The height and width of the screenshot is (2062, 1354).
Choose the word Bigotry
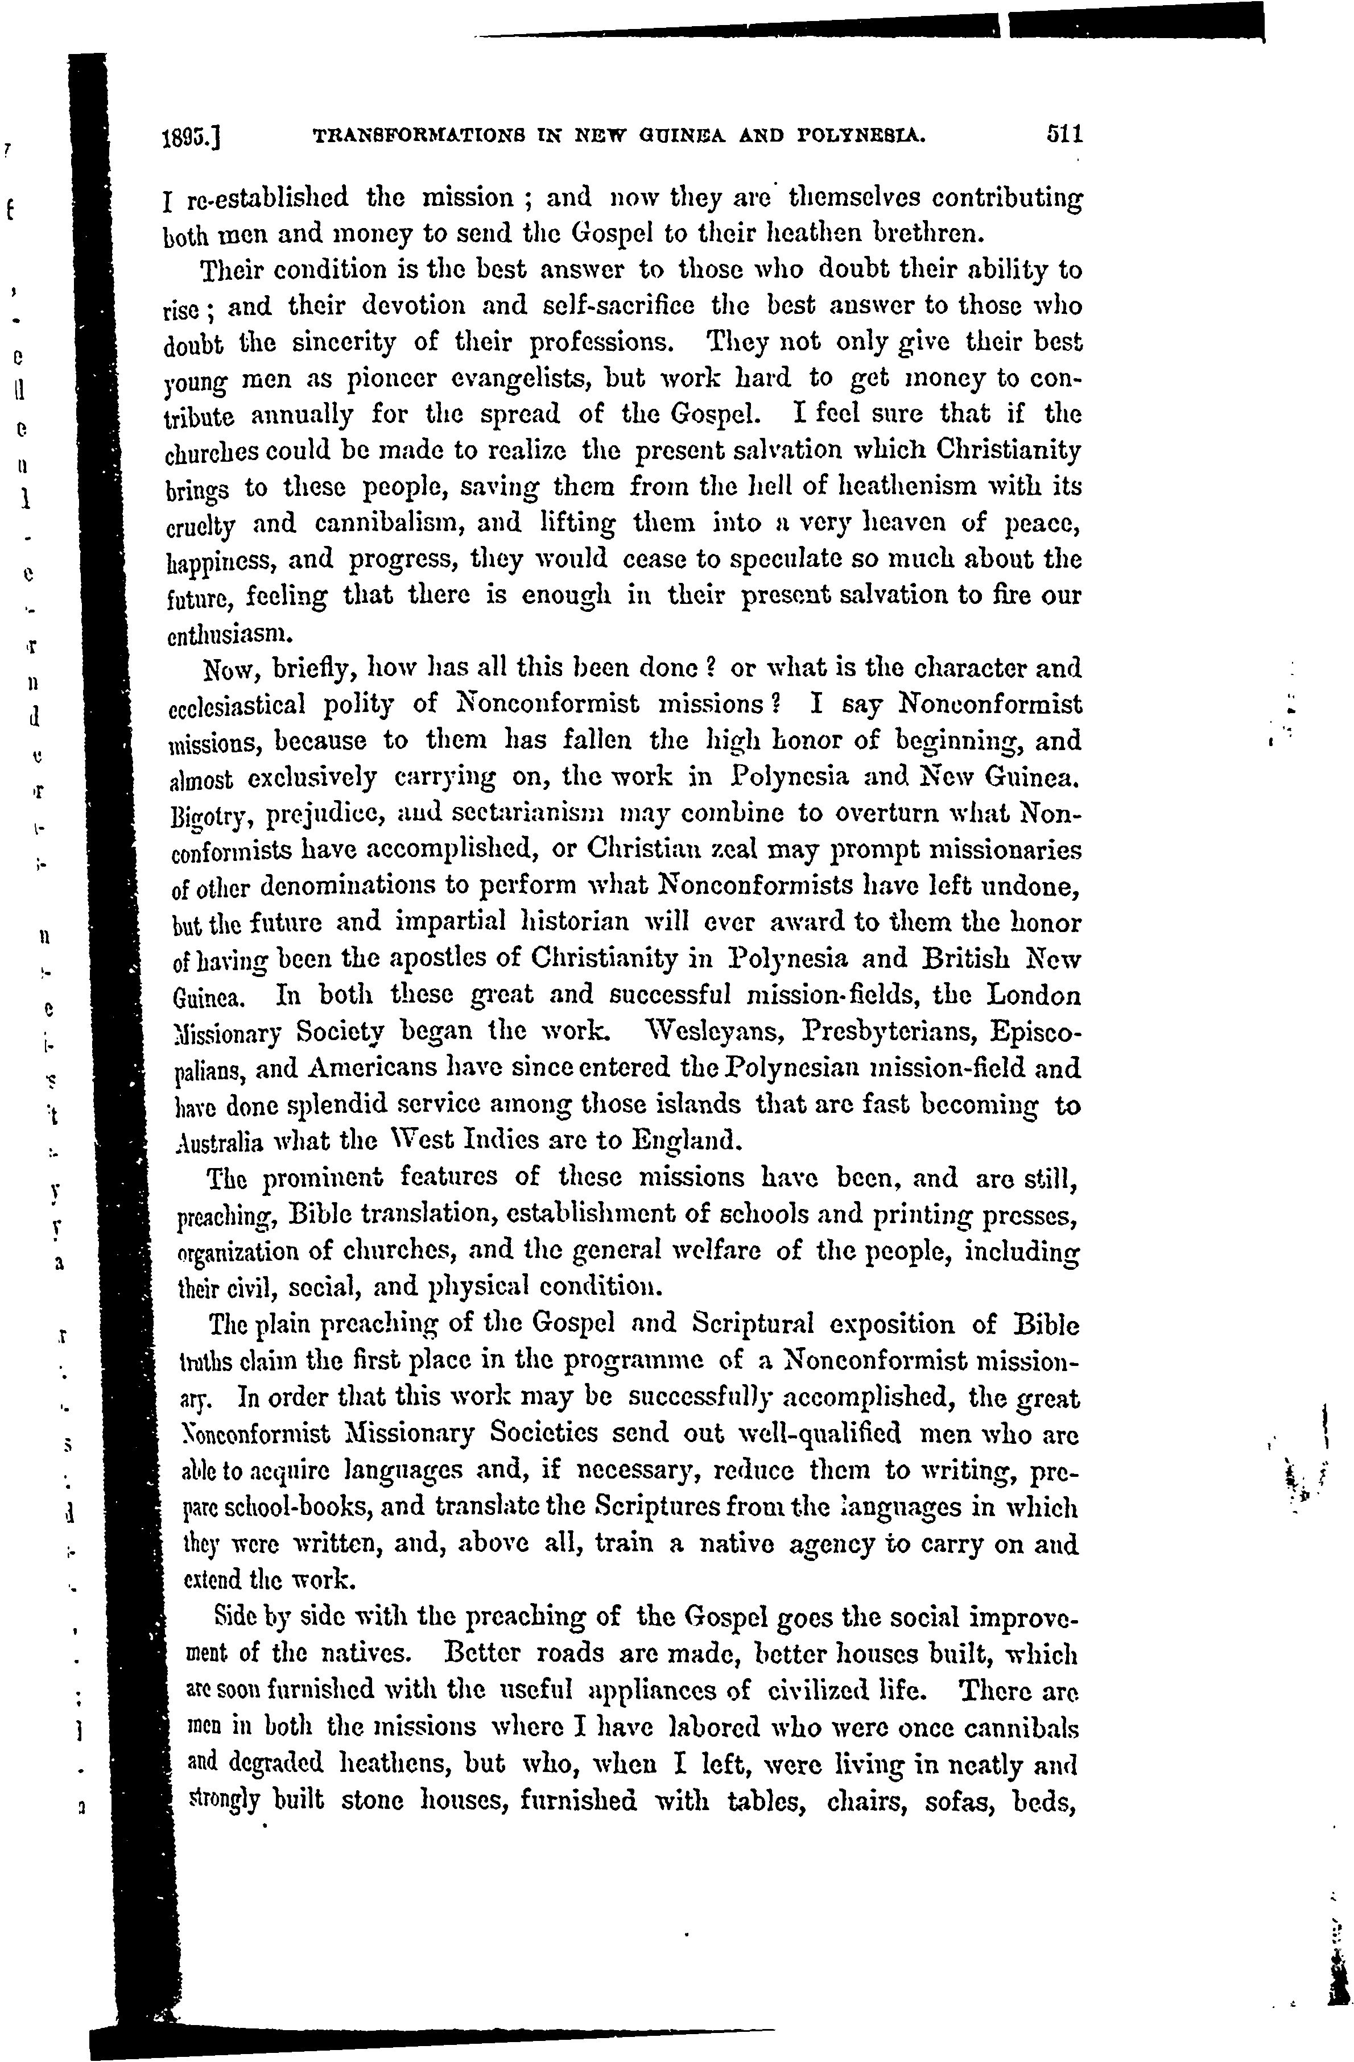point(208,816)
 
